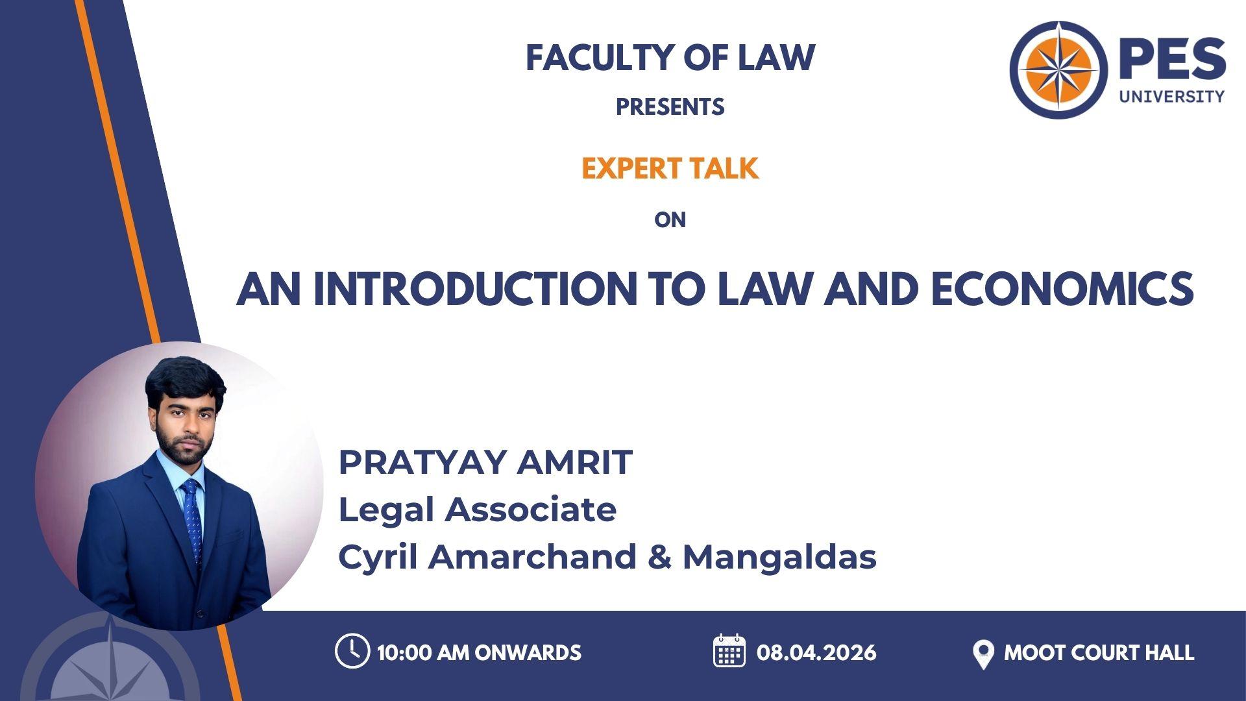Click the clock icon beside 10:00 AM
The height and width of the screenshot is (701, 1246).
[x=352, y=651]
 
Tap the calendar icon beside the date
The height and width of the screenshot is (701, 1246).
[x=729, y=651]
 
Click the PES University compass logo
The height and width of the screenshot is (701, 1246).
[x=1059, y=70]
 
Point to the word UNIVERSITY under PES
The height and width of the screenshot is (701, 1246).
[x=1171, y=97]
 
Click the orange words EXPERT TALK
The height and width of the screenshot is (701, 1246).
[x=670, y=169]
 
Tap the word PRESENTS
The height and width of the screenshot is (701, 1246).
[x=670, y=107]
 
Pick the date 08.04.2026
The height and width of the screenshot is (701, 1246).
[x=816, y=652]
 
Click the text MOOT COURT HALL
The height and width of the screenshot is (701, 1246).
[x=1099, y=652]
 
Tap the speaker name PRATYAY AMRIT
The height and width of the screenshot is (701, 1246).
[x=485, y=462]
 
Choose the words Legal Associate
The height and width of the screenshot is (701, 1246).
[x=478, y=510]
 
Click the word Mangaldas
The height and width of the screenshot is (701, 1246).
[x=779, y=557]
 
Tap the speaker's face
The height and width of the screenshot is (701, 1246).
[x=184, y=422]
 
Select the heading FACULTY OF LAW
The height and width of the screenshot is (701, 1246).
[x=670, y=58]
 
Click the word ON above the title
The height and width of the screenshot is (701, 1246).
[x=670, y=220]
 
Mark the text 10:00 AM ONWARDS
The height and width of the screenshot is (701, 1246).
[x=479, y=652]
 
